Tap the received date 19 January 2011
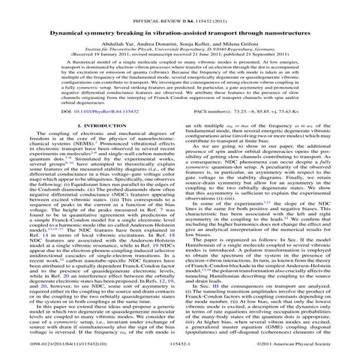[x=103, y=49]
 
